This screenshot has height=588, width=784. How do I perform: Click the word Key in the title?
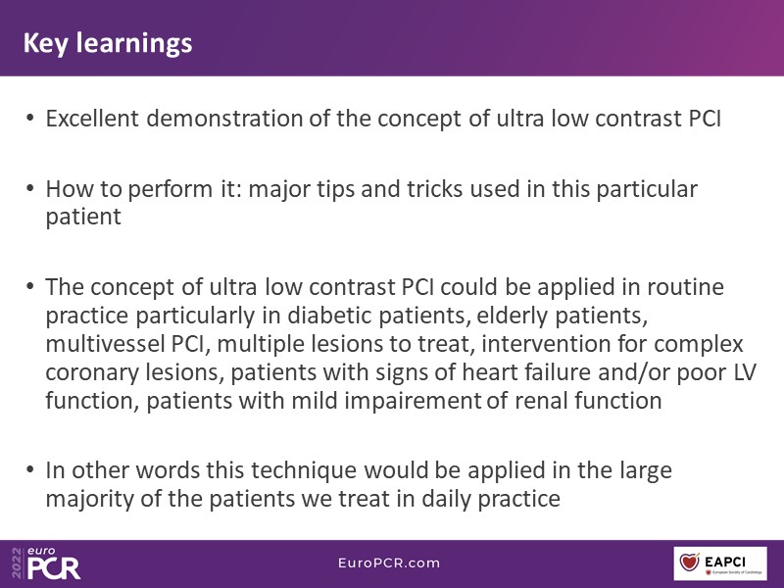pyautogui.click(x=45, y=43)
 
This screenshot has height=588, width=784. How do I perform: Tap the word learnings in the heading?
pyautogui.click(x=134, y=44)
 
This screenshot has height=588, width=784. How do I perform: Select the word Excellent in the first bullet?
pyautogui.click(x=92, y=119)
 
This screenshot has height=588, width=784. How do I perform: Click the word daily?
pyautogui.click(x=446, y=500)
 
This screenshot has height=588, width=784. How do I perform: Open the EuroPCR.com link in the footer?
pyautogui.click(x=389, y=563)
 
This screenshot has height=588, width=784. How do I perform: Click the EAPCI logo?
pyautogui.click(x=720, y=563)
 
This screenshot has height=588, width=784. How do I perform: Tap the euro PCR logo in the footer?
pyautogui.click(x=46, y=563)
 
